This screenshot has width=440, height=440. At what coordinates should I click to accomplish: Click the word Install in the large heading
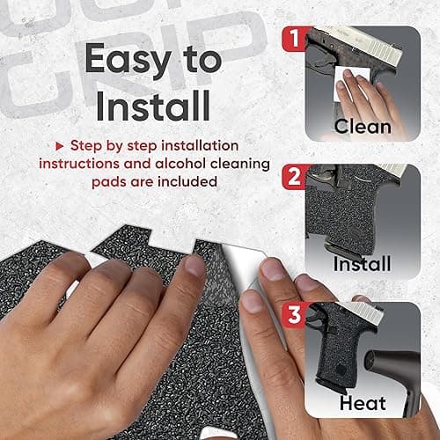[x=153, y=106]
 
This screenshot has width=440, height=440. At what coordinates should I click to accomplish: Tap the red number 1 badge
[x=294, y=39]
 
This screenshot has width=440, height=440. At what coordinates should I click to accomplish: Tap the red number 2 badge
[x=294, y=177]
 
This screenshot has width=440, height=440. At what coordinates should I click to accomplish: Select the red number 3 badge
[x=294, y=315]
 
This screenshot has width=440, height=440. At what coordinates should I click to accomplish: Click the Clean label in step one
[x=363, y=127]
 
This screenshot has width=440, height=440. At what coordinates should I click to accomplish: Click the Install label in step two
[x=362, y=263]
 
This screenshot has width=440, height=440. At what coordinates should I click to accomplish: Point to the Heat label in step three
[x=363, y=403]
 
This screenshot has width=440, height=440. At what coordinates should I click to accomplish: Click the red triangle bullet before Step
[x=60, y=146]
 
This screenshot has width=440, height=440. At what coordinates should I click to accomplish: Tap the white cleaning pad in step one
[x=350, y=84]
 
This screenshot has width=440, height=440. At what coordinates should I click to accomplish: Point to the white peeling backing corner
[x=244, y=264]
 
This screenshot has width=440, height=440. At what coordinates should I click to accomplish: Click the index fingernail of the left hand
[x=194, y=267]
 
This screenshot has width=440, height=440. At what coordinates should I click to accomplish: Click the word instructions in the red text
[x=79, y=164]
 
